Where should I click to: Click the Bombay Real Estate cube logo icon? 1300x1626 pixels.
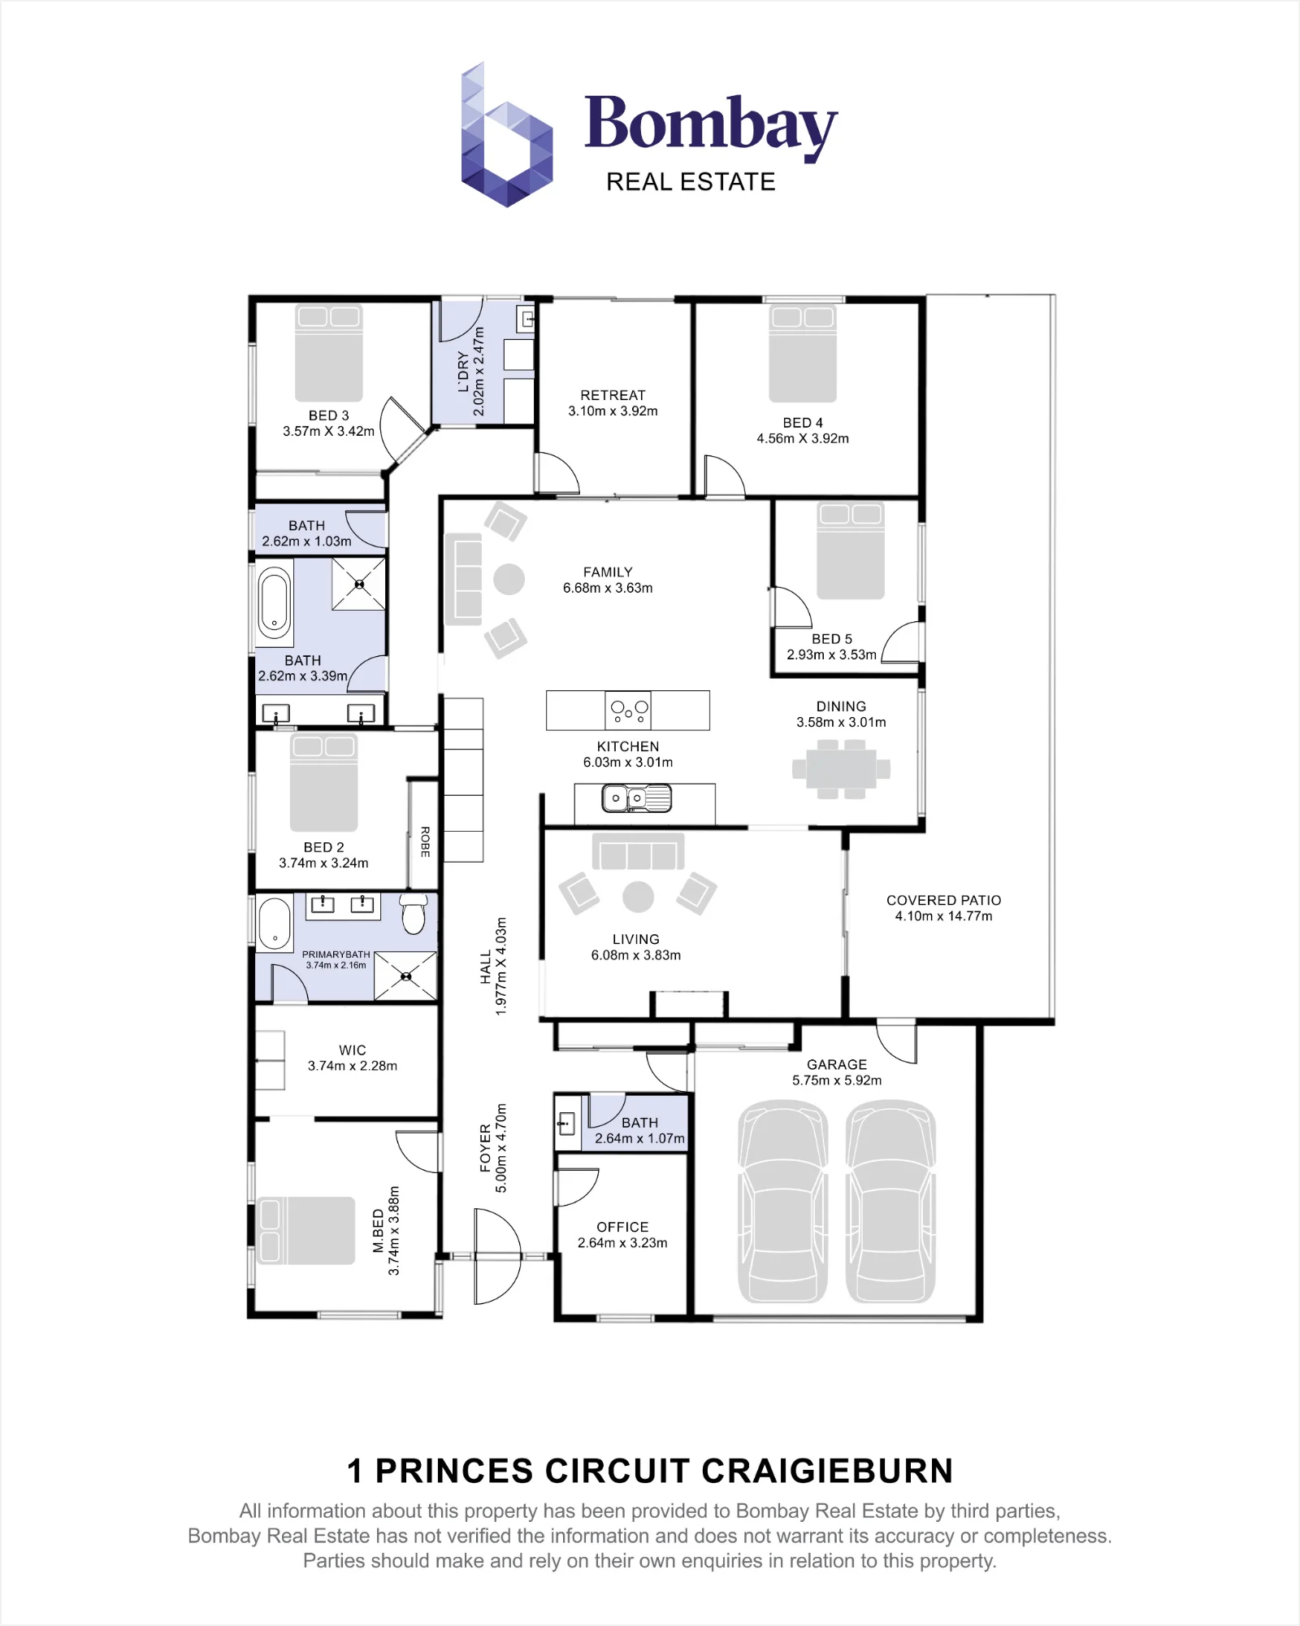pyautogui.click(x=507, y=135)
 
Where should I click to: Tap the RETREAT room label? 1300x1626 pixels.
pyautogui.click(x=613, y=395)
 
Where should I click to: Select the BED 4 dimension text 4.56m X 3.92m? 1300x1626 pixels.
pyautogui.click(x=803, y=438)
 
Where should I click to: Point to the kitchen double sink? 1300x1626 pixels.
pyautogui.click(x=636, y=798)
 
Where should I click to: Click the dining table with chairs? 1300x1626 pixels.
pyautogui.click(x=842, y=769)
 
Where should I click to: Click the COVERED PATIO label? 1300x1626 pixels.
pyautogui.click(x=943, y=900)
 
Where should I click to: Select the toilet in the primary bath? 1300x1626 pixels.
pyautogui.click(x=414, y=915)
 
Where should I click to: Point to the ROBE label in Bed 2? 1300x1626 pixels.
pyautogui.click(x=425, y=841)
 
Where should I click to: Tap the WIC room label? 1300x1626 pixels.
pyautogui.click(x=353, y=1050)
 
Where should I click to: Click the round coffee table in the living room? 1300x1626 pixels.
pyautogui.click(x=638, y=897)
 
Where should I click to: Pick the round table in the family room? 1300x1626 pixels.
pyautogui.click(x=509, y=579)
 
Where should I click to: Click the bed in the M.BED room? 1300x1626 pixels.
pyautogui.click(x=305, y=1230)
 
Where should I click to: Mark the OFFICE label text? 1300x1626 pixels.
pyautogui.click(x=622, y=1227)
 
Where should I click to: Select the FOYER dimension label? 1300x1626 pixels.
pyautogui.click(x=493, y=1148)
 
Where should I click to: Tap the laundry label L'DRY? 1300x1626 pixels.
pyautogui.click(x=463, y=372)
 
